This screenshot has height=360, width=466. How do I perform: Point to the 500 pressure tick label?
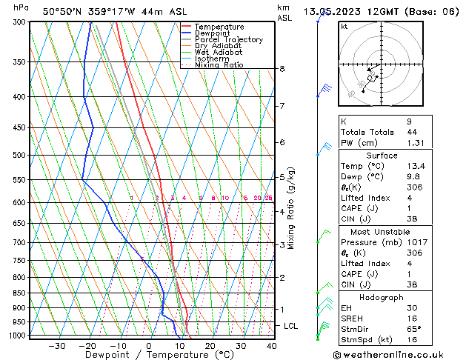[19, 156]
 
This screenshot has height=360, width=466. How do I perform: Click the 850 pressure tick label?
[19, 293]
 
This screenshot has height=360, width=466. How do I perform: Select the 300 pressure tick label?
[19, 23]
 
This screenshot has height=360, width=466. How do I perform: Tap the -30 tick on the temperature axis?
[56, 346]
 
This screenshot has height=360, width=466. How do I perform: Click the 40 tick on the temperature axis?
[271, 346]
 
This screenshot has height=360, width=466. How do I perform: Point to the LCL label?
[291, 326]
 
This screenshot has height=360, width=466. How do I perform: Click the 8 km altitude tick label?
[282, 69]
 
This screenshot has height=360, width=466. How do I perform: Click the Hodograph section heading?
[382, 296]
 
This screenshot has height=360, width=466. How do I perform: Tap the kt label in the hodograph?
[344, 27]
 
